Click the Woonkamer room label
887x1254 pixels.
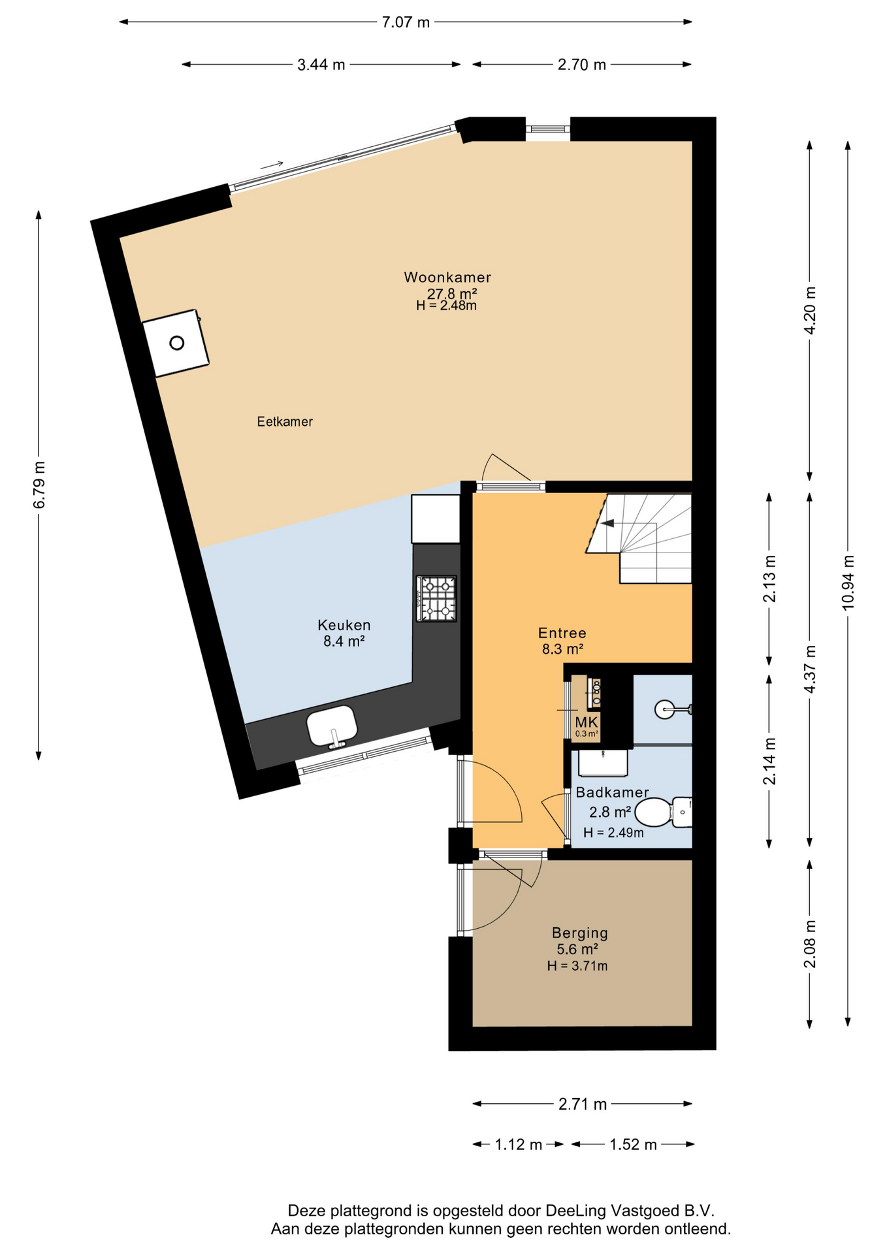click(x=447, y=278)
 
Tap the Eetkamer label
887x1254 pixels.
click(x=285, y=422)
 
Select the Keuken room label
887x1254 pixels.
click(x=344, y=625)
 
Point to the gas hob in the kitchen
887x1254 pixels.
click(x=436, y=598)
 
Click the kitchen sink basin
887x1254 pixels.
click(x=332, y=726)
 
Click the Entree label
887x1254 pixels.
click(x=562, y=633)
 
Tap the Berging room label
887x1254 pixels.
click(x=580, y=933)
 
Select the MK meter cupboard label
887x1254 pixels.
click(x=587, y=722)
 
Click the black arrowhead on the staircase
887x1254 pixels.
click(x=608, y=523)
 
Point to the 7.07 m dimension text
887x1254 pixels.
click(x=406, y=22)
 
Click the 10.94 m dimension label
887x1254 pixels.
click(x=848, y=583)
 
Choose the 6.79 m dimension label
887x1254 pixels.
click(x=39, y=485)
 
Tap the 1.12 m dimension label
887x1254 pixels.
click(x=519, y=1144)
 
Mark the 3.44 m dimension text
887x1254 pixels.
click(x=321, y=65)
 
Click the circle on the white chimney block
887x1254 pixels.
click(x=177, y=343)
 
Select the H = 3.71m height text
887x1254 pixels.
click(x=577, y=966)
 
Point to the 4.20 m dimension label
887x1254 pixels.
click(x=810, y=311)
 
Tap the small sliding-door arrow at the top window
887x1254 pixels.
click(x=272, y=165)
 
